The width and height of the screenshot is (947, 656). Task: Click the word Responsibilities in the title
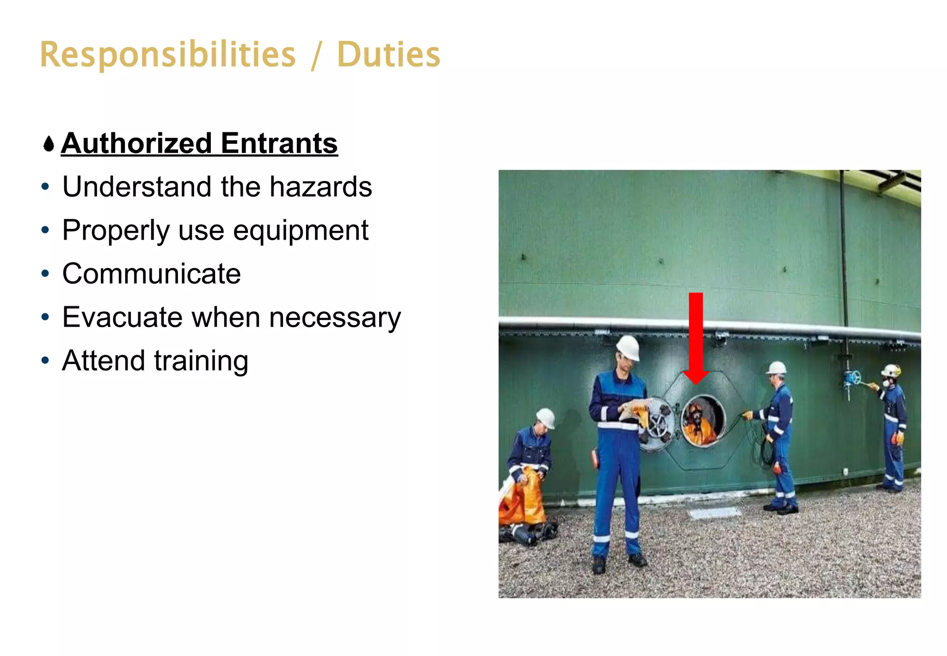(167, 55)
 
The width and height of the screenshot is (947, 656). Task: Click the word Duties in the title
(388, 55)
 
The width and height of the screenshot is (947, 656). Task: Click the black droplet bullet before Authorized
(49, 144)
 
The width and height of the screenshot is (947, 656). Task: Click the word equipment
(301, 230)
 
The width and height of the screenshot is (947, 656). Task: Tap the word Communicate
(151, 274)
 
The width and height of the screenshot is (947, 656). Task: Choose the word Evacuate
(122, 317)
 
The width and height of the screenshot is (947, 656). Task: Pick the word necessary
(335, 318)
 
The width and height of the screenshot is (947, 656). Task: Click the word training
(201, 361)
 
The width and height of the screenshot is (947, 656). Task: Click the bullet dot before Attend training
(45, 360)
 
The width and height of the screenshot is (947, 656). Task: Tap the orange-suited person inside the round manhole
(699, 423)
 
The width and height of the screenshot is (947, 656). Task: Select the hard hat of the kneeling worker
(547, 417)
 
